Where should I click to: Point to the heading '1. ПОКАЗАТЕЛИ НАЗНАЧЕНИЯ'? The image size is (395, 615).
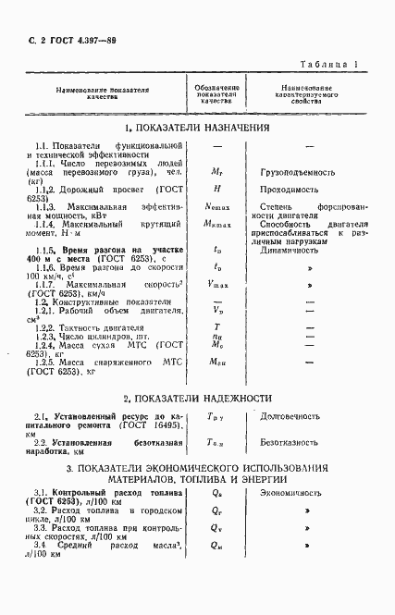pos(197,128)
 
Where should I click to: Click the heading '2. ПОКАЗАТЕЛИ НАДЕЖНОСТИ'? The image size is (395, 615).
pos(197,399)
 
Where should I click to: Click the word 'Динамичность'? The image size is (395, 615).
pos(290,248)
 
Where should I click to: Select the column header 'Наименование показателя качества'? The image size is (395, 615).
pos(103,92)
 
